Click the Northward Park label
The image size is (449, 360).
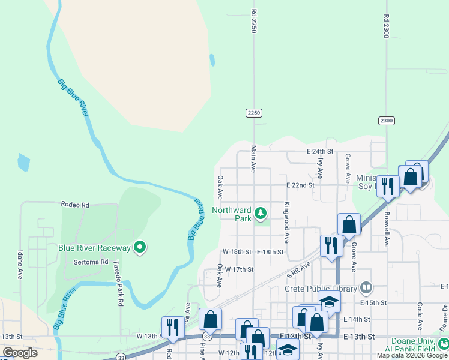coord(231,214)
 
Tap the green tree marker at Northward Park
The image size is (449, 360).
coord(261,213)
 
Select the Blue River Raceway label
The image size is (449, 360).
coord(94,247)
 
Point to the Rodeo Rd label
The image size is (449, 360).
coord(75,205)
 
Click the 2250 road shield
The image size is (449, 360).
coord(254,113)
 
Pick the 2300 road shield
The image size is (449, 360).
coord(386,121)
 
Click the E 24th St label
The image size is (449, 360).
coord(319,152)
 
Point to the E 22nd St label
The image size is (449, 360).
coord(300,185)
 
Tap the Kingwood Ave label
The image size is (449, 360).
coord(287,222)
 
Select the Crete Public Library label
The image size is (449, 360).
coord(321,289)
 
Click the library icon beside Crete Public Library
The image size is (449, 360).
coord(366,289)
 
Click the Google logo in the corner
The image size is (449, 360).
coord(20,353)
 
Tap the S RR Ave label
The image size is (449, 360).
coord(298,269)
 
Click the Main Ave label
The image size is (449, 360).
coord(254,159)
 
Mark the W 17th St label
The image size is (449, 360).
coord(240,269)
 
